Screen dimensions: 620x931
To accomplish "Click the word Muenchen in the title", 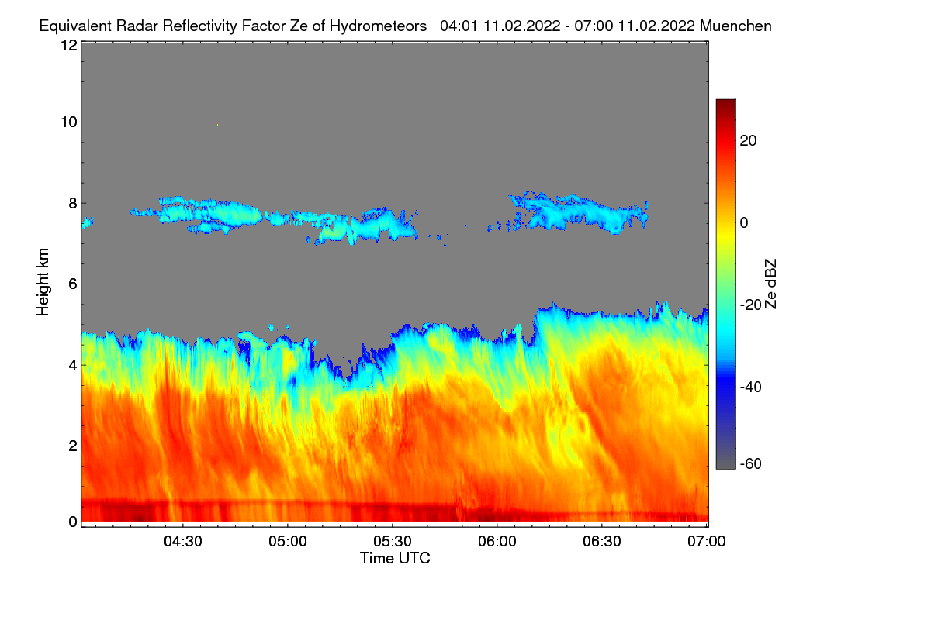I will pyautogui.click(x=735, y=26).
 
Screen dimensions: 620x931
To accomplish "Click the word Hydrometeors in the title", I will pyautogui.click(x=378, y=26).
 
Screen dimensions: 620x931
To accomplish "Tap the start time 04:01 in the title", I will pyautogui.click(x=459, y=26).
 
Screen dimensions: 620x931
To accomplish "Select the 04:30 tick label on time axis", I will pyautogui.click(x=183, y=542).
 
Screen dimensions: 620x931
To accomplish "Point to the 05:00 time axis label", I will pyautogui.click(x=288, y=542).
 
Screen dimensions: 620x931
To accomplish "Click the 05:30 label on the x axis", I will pyautogui.click(x=393, y=542).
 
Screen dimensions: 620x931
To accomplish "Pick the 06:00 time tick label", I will pyautogui.click(x=497, y=542).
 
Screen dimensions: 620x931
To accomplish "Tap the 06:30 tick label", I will pyautogui.click(x=602, y=542).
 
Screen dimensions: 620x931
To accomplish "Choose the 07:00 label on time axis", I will pyautogui.click(x=707, y=542).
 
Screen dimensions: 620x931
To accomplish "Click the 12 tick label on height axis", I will pyautogui.click(x=68, y=45).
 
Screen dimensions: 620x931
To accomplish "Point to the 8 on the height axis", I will pyautogui.click(x=72, y=203).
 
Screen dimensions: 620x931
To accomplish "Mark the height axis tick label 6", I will pyautogui.click(x=72, y=284).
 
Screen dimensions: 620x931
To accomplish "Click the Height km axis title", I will pyautogui.click(x=43, y=281).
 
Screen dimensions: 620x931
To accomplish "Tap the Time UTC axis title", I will pyautogui.click(x=395, y=558).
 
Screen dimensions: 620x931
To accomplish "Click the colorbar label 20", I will pyautogui.click(x=749, y=140).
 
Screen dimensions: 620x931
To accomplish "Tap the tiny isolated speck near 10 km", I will pyautogui.click(x=218, y=124).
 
